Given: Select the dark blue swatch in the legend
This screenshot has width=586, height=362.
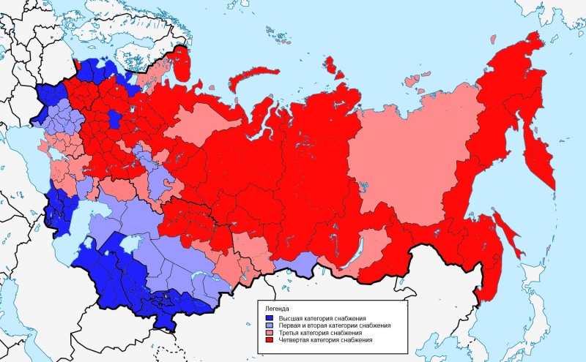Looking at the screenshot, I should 270,318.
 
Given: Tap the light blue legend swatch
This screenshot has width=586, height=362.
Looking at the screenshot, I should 270,325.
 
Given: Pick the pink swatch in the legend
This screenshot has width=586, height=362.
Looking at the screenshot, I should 270,333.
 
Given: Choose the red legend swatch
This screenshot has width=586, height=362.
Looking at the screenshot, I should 270,340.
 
